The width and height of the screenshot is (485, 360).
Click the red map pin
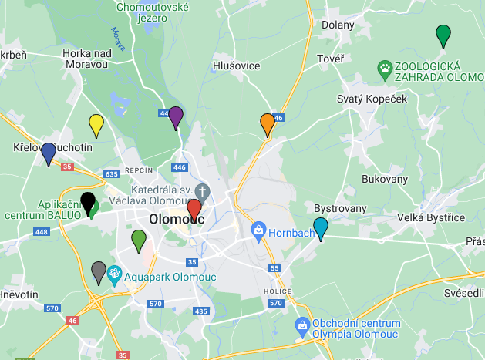(194, 209)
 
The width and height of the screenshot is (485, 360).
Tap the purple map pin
(176, 116)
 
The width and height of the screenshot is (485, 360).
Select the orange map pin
(268, 123)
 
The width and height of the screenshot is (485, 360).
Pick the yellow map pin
(96, 124)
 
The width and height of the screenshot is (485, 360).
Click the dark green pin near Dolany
(443, 35)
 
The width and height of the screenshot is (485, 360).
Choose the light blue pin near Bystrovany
(320, 228)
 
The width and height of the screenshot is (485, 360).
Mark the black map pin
(89, 203)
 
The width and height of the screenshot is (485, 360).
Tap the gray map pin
(99, 272)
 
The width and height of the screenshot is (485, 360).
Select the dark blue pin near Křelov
(49, 153)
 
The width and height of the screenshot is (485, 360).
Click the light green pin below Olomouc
(139, 240)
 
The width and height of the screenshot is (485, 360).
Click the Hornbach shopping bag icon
(259, 230)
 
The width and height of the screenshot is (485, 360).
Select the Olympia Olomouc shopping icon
(302, 327)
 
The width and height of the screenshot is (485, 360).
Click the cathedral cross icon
(202, 190)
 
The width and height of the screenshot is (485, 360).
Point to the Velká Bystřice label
(431, 217)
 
